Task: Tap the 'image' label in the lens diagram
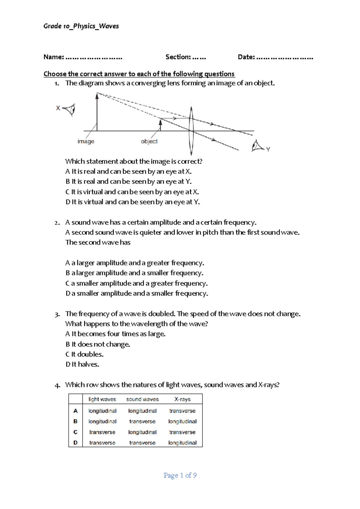(x=86, y=141)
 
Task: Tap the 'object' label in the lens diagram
(x=149, y=141)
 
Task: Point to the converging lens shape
(x=191, y=131)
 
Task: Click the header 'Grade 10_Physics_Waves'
(x=81, y=26)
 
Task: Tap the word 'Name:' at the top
(x=54, y=57)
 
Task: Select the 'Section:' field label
(x=178, y=57)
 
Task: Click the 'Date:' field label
(x=246, y=57)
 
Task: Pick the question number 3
(x=57, y=314)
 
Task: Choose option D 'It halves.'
(x=82, y=364)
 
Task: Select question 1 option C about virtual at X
(x=132, y=192)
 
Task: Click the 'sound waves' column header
(x=142, y=399)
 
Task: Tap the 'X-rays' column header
(x=182, y=399)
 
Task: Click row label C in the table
(x=75, y=432)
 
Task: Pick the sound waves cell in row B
(x=142, y=421)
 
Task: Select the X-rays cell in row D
(x=182, y=443)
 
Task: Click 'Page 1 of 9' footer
(x=180, y=475)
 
